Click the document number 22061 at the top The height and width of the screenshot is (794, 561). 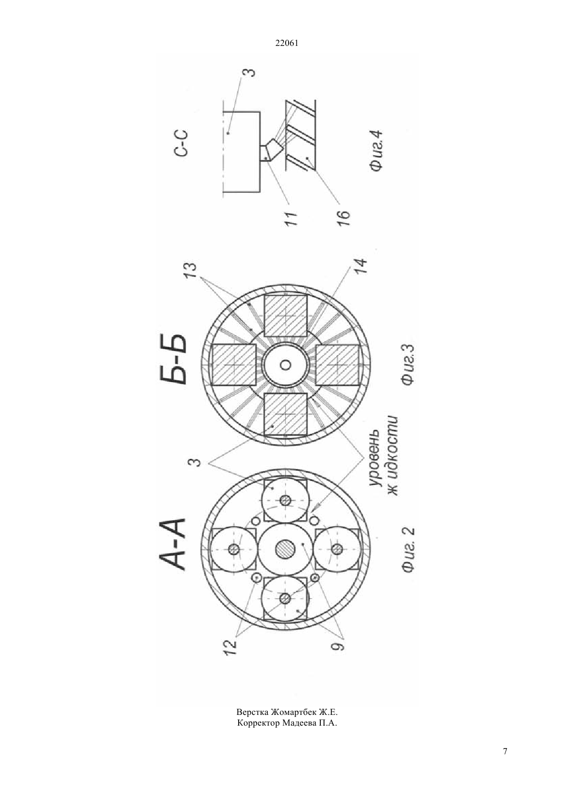[x=287, y=43]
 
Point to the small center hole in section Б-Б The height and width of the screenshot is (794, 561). [x=286, y=364]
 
